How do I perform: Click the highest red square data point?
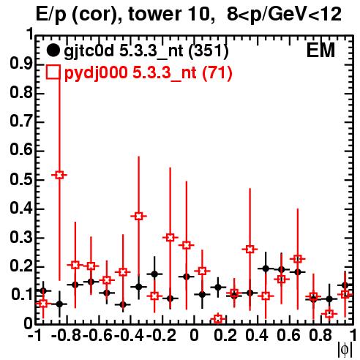[59, 175]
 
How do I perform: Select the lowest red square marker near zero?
[218, 318]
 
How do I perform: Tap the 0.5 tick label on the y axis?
[21, 180]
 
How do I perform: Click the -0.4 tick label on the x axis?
[129, 336]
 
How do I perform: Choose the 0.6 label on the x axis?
[288, 336]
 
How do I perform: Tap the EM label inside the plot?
[320, 50]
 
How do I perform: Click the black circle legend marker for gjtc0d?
[53, 50]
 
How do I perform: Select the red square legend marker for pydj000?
[53, 72]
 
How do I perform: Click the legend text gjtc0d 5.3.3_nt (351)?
[146, 51]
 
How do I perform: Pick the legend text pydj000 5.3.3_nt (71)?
[149, 73]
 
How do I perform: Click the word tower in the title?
[154, 14]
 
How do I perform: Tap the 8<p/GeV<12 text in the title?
[284, 15]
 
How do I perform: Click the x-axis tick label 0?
[194, 336]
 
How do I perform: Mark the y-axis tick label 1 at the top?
[30, 34]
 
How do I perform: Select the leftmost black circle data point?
[43, 290]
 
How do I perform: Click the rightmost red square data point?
[345, 294]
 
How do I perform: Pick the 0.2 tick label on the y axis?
[21, 266]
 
